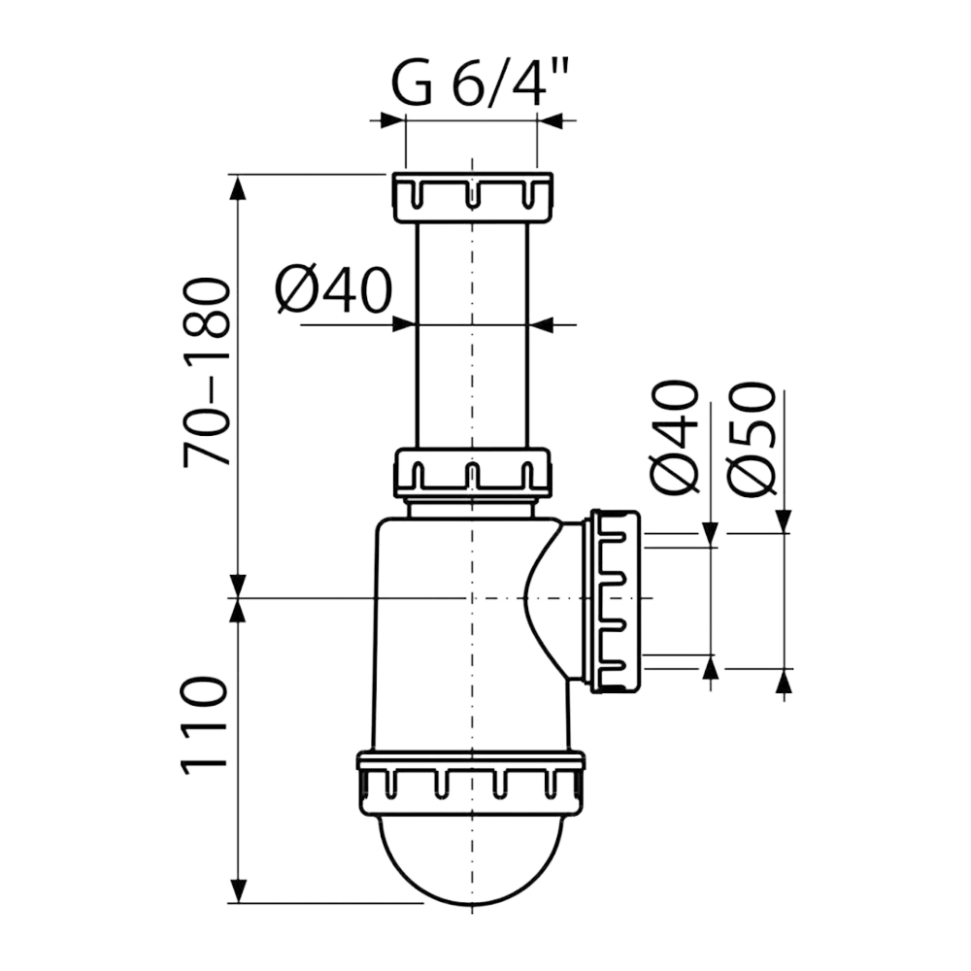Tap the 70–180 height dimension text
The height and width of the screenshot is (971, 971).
coord(206,373)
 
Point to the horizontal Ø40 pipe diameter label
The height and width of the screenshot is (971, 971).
coord(333,289)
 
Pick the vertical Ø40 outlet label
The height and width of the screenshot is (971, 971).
coord(675,438)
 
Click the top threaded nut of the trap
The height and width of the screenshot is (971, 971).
coord(472,197)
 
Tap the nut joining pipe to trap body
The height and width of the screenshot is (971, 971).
coord(472,473)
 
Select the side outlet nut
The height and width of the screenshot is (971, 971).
coord(615,601)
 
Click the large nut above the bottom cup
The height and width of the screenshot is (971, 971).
coord(471,782)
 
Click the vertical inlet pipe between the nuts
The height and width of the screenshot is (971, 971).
coord(472,335)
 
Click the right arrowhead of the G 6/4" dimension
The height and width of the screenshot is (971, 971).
coord(550,120)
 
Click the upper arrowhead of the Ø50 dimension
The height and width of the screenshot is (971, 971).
coord(785,520)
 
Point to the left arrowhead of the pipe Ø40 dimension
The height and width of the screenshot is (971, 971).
coord(404,324)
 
